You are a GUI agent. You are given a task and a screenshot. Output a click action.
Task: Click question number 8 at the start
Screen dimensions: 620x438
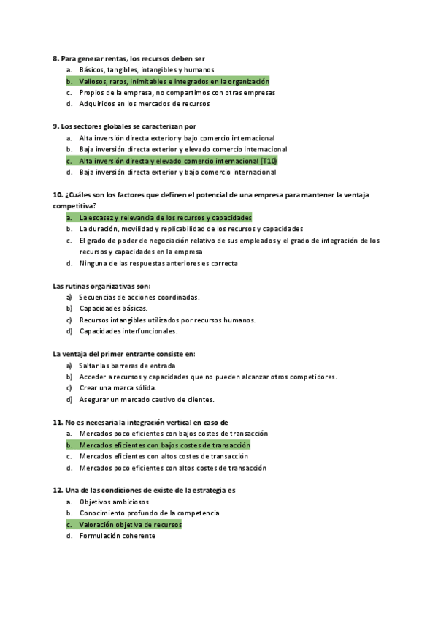click(x=56, y=58)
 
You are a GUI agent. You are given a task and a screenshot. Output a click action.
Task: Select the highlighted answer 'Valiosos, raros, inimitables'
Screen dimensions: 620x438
click(x=174, y=81)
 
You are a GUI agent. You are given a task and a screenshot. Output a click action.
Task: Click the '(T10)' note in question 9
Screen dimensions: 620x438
click(x=268, y=160)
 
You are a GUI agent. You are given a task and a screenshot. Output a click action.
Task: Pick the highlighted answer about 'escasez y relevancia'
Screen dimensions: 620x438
click(x=165, y=217)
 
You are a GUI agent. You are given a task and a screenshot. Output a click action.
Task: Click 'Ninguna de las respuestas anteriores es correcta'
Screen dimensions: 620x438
click(x=158, y=263)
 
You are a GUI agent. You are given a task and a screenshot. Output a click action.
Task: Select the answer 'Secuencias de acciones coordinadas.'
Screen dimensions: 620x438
click(x=139, y=297)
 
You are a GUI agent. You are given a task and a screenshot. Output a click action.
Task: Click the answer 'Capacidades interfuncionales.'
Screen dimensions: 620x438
click(x=128, y=331)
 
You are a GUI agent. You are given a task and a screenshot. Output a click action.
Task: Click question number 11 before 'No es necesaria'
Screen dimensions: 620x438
click(x=58, y=422)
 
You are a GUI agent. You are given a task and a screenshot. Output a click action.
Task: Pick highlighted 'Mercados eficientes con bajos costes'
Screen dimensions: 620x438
click(x=164, y=445)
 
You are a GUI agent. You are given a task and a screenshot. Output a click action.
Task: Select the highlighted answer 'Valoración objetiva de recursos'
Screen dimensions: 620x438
click(x=130, y=524)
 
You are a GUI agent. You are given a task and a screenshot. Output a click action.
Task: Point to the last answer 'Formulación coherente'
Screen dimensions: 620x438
click(x=117, y=536)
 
